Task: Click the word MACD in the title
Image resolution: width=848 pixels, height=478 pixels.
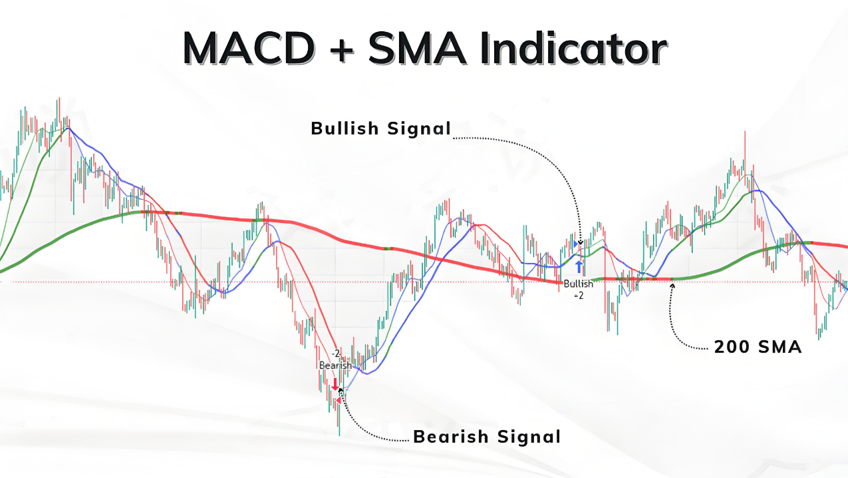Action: click(249, 49)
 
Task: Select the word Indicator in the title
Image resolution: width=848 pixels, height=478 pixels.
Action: click(573, 48)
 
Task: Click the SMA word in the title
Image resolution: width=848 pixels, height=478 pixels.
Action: click(417, 49)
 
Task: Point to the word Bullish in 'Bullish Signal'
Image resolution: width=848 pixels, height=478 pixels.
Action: click(345, 128)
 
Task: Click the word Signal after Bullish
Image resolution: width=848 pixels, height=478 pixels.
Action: click(419, 129)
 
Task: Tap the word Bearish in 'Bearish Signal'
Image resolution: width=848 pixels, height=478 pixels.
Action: click(450, 436)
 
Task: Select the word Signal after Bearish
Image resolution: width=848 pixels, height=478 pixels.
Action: click(529, 437)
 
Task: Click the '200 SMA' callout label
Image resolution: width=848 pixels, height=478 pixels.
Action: click(758, 347)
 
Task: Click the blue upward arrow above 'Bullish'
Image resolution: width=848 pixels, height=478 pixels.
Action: click(579, 267)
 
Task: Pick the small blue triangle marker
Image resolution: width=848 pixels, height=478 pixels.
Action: click(576, 244)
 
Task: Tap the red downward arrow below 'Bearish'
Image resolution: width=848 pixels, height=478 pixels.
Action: click(335, 384)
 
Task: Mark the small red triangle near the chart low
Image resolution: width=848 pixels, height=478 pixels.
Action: click(339, 400)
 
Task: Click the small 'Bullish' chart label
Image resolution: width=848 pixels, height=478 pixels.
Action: click(579, 284)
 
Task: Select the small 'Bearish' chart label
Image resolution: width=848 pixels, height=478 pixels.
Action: click(335, 365)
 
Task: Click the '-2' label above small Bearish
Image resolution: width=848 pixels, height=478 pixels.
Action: click(336, 354)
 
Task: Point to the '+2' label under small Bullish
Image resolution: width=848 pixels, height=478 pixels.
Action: click(579, 296)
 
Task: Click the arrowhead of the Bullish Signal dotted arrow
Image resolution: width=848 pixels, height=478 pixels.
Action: click(581, 243)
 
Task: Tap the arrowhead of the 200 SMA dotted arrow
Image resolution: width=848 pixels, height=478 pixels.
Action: click(672, 286)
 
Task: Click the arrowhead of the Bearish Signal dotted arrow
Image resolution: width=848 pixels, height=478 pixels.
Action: click(341, 390)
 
